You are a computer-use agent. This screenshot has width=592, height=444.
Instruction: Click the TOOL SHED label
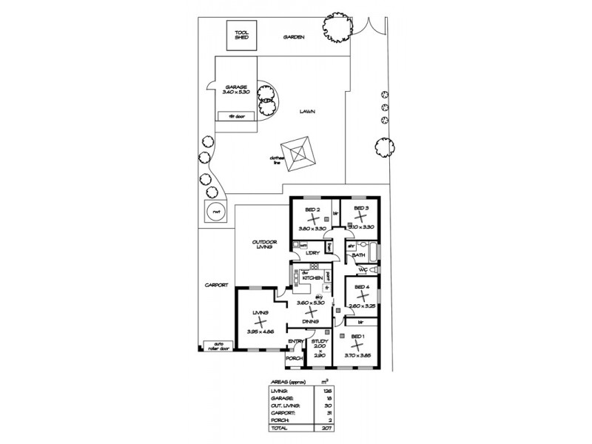240,35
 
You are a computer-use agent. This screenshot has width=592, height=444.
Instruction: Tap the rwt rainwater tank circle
216,211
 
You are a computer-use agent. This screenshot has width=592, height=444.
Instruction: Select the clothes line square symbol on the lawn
300,153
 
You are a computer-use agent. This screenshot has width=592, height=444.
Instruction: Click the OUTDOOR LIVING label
262,244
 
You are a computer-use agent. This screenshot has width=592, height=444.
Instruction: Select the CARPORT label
217,285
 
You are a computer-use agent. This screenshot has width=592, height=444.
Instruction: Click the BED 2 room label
312,209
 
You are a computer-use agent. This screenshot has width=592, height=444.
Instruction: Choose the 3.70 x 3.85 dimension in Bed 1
358,355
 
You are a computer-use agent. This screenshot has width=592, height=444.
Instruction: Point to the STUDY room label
319,341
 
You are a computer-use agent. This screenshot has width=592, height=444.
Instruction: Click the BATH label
359,255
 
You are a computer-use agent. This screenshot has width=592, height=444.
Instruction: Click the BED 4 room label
362,286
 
